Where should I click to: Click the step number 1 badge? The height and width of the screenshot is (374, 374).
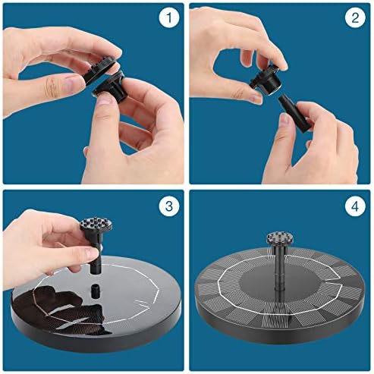point(169,17)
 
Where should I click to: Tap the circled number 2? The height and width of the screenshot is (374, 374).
point(355,17)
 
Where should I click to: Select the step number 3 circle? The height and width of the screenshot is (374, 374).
point(169,206)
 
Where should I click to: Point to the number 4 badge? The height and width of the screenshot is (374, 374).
point(355,206)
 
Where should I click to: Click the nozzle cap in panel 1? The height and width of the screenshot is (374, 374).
point(101,71)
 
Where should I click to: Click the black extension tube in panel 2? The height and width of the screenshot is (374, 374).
point(294,112)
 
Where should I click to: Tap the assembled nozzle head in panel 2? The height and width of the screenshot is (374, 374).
point(266,80)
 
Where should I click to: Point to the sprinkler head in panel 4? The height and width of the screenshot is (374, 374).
point(280,240)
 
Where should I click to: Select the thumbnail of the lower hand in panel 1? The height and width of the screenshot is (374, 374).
point(103,100)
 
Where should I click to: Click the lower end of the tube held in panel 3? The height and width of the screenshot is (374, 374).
point(96,272)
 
